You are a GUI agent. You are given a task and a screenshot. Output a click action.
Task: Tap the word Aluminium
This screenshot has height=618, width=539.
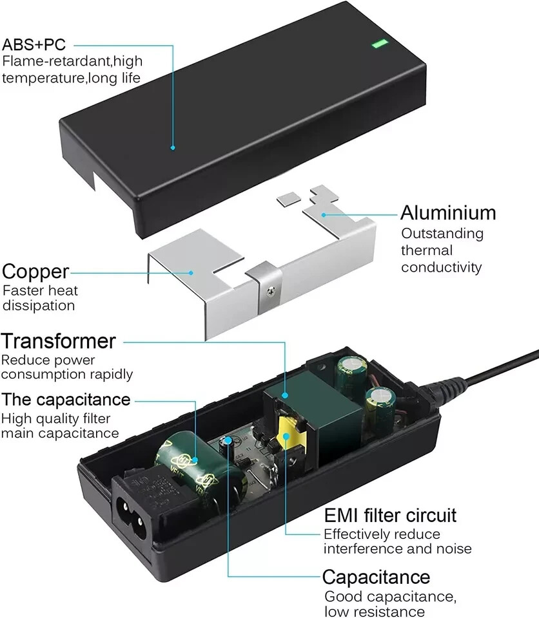tap(448, 212)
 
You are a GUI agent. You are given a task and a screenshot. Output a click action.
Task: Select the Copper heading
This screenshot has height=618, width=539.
tap(35, 271)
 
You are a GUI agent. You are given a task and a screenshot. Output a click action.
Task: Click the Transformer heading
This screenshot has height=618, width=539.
tap(58, 341)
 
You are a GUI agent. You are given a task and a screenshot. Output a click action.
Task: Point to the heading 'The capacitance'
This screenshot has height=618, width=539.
tap(66, 400)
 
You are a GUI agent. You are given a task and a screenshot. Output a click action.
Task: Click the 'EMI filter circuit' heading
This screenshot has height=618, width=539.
tap(390, 515)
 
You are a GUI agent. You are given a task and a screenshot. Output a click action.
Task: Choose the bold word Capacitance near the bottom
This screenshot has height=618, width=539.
tap(376, 576)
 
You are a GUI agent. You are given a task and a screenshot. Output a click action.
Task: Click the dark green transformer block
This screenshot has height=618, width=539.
tap(309, 412)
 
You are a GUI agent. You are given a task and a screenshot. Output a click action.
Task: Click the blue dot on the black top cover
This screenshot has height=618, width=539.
tap(173, 147)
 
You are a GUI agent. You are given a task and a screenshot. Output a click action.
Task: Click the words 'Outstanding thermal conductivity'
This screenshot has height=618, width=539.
tap(442, 250)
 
